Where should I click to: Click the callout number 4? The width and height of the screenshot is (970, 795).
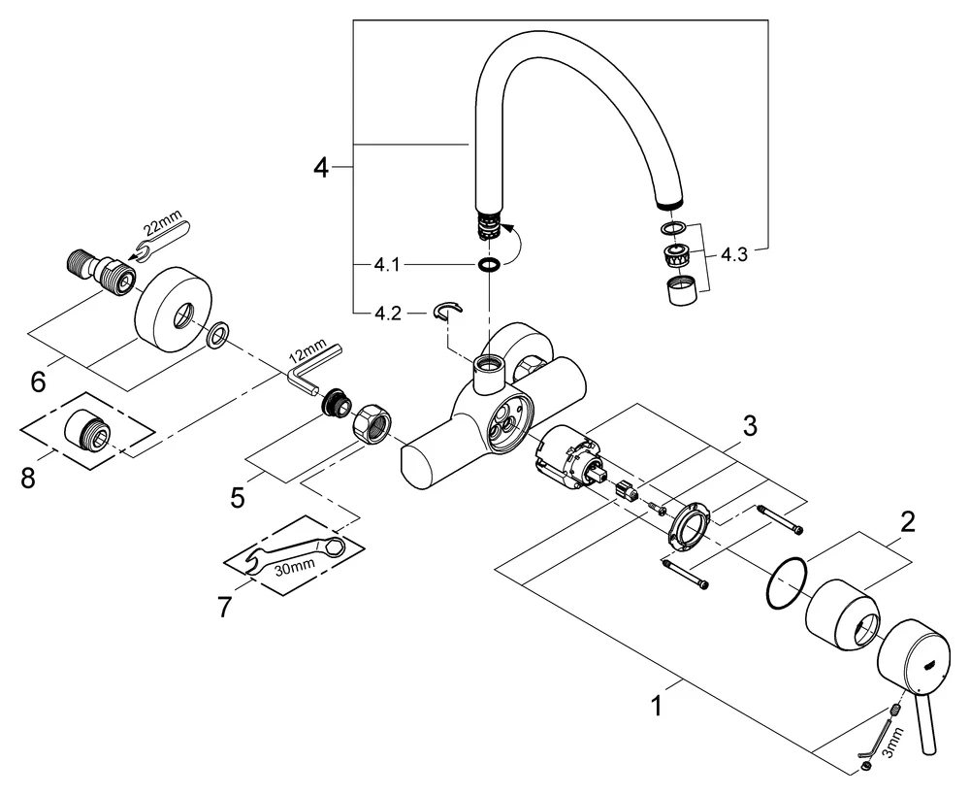pos(321,168)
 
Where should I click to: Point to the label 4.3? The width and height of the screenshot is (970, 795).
pos(733,257)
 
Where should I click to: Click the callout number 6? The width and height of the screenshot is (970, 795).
pos(38,381)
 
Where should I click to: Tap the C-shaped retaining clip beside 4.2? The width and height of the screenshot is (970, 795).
pos(448,311)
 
